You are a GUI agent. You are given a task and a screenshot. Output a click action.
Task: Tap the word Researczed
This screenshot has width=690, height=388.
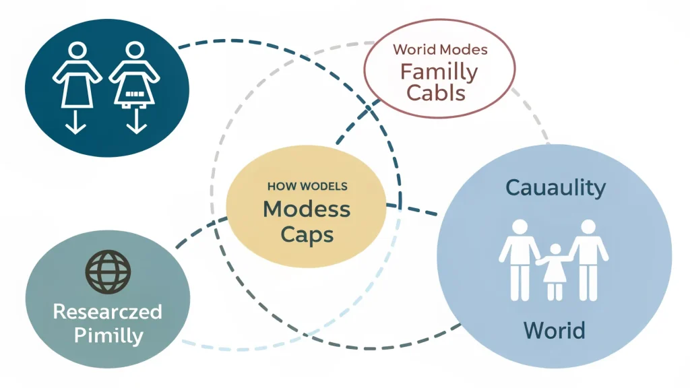(107, 312)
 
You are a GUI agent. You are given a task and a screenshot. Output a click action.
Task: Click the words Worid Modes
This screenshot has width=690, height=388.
(440, 50)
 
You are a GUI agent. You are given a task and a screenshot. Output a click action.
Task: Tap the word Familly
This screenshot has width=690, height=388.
(439, 71)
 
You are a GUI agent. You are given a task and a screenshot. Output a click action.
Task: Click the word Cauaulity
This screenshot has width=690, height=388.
(555, 187)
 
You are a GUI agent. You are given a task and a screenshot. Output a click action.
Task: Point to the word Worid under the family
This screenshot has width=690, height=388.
(555, 331)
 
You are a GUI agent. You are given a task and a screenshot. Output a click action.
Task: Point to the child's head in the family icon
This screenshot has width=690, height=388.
(555, 251)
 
